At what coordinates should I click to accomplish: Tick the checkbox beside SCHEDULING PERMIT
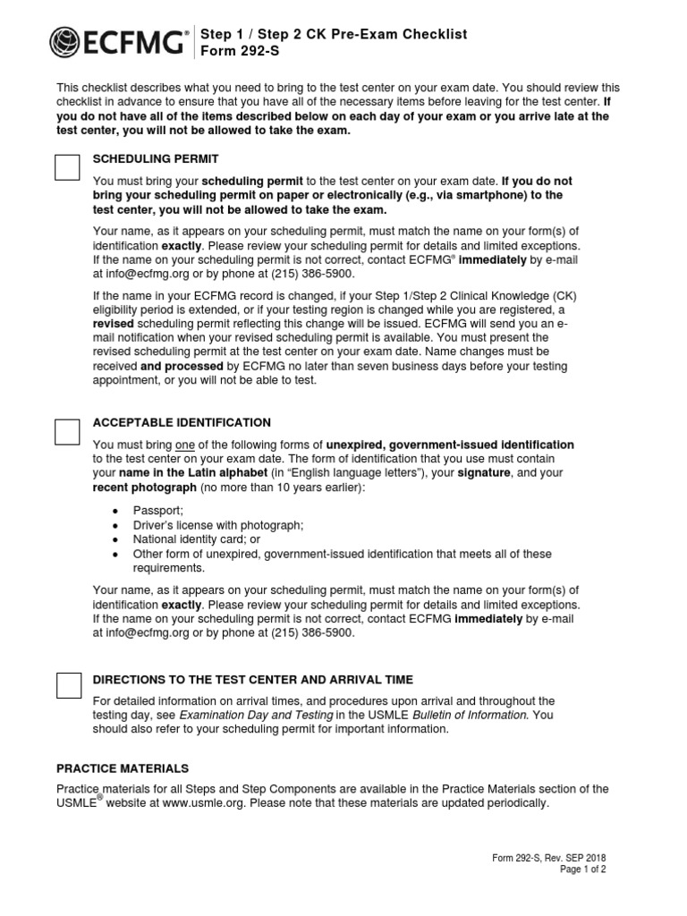[68, 166]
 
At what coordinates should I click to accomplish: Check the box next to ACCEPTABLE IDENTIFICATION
[68, 431]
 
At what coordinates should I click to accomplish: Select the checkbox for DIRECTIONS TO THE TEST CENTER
[68, 685]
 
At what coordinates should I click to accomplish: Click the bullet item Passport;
[157, 509]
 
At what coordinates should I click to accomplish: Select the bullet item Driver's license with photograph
[218, 525]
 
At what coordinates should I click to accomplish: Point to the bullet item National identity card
[197, 539]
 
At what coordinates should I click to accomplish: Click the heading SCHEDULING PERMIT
[156, 158]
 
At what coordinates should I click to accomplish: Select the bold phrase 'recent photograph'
[144, 488]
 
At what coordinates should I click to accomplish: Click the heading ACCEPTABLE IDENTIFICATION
[182, 422]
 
